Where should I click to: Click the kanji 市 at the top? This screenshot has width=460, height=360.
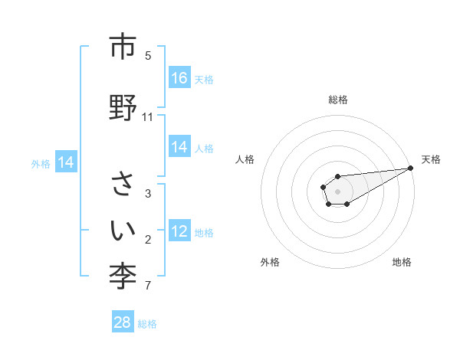click(122, 47)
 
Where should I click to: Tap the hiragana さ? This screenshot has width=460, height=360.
click(122, 185)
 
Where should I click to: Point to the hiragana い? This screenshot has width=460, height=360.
click(122, 230)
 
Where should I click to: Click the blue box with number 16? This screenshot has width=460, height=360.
click(179, 77)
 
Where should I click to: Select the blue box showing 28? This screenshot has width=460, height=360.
click(123, 322)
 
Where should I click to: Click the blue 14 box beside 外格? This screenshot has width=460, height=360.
click(65, 162)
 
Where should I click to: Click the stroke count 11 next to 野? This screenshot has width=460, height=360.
click(148, 117)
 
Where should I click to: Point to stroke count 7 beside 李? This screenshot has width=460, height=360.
click(148, 286)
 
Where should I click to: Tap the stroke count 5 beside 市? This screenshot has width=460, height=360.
click(148, 55)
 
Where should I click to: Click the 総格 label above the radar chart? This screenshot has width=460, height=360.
click(337, 100)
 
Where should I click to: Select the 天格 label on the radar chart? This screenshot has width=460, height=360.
click(431, 159)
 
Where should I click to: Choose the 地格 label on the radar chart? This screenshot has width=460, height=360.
click(402, 262)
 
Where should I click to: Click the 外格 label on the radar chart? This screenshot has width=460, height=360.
click(270, 262)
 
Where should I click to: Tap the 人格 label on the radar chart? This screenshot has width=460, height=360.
click(245, 159)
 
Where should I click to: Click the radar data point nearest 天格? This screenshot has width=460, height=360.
click(410, 168)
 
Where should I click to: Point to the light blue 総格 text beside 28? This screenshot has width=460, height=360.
click(147, 324)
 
